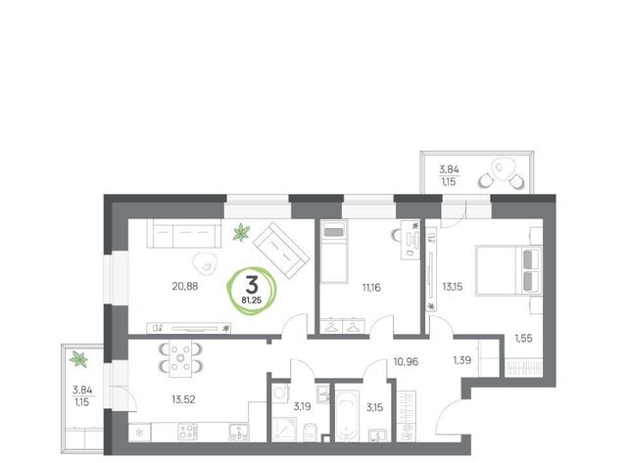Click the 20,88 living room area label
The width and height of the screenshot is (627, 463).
185,287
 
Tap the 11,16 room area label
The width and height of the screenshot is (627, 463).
371,287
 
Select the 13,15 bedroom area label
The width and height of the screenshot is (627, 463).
453,287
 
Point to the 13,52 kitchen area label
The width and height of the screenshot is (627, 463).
183,399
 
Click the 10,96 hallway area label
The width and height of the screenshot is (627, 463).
406,362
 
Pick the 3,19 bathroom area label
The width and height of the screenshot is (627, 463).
302,407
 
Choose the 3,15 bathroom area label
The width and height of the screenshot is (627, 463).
374,407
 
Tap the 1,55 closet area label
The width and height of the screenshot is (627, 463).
523,339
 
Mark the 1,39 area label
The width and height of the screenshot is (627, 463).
461,360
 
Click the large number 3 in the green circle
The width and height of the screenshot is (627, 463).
252,285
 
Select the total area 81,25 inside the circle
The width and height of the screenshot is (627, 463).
251,300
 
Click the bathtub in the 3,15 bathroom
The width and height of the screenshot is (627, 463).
347,416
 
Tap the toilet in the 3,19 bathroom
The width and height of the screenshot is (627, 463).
310,433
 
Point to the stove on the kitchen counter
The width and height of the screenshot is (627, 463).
187,432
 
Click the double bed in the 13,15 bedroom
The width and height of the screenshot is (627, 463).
508,270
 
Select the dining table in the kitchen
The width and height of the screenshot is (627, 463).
180,358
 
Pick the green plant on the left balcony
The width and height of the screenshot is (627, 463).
78,358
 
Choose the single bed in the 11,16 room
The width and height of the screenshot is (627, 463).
334,252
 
